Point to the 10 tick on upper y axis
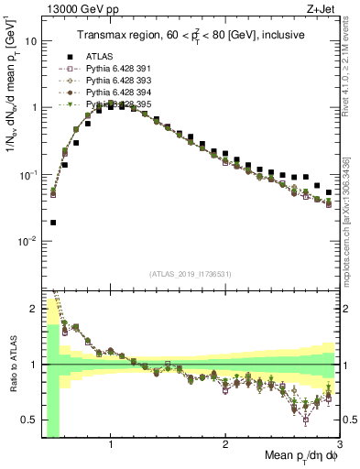[x=30, y=41]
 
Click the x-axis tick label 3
[x=340, y=444]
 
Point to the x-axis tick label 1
[x=111, y=444]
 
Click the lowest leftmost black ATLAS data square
[x=53, y=223]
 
